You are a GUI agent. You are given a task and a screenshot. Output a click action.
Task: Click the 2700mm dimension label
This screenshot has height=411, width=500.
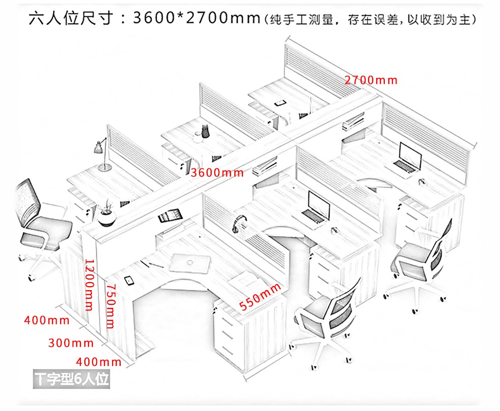click(371, 80)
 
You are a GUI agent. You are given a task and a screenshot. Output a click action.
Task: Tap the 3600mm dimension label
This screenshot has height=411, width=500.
click(217, 172)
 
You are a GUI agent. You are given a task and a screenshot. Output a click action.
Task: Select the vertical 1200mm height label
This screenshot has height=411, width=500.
click(89, 285)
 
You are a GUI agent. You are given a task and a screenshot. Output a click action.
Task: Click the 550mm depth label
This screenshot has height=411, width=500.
click(260, 297)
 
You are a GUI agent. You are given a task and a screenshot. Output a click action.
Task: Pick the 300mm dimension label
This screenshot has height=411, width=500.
click(71, 343)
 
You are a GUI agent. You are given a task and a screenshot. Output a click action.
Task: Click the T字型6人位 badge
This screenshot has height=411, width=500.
click(71, 379)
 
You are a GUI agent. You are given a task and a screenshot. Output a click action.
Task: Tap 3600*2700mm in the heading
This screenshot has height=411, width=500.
click(195, 19)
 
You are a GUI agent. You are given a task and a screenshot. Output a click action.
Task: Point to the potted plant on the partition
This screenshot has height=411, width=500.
click(107, 214)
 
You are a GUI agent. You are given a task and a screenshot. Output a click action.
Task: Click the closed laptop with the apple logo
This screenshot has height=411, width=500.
click(189, 262)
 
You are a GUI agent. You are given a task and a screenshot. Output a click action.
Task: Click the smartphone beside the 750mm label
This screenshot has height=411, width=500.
click(128, 280)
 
